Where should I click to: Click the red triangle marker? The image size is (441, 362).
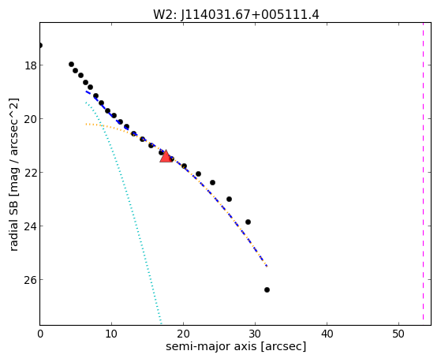(x=166, y=157)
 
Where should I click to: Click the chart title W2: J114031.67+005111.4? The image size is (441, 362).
(x=236, y=14)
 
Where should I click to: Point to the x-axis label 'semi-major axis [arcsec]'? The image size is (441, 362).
(x=236, y=346)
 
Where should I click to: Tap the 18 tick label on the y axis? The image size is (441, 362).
(x=31, y=65)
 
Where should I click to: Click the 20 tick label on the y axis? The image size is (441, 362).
(x=31, y=119)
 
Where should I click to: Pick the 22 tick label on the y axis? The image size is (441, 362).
(x=31, y=173)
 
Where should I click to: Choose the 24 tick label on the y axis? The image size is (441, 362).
(x=31, y=226)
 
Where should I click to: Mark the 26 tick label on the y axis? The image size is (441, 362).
(x=31, y=280)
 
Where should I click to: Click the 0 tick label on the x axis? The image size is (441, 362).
(x=40, y=334)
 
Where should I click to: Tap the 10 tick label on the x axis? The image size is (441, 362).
(x=112, y=334)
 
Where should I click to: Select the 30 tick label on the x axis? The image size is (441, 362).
(x=255, y=334)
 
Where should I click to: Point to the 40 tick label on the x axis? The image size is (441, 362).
(x=327, y=334)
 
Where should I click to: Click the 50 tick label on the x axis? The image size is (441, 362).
(x=398, y=334)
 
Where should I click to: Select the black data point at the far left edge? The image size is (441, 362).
(x=40, y=45)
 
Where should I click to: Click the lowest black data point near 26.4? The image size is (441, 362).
(x=267, y=289)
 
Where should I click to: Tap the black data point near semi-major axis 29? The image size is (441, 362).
(x=248, y=222)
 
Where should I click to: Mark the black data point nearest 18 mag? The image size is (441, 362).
(x=72, y=65)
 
